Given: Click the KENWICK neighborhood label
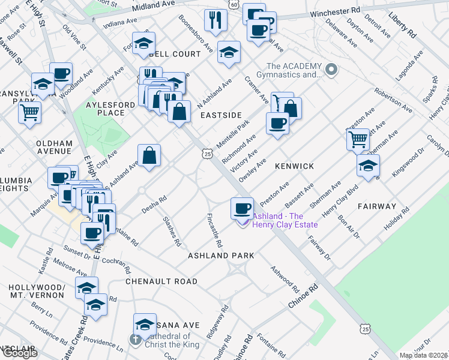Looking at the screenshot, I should click(294, 165).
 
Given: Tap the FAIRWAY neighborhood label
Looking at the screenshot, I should click(376, 206).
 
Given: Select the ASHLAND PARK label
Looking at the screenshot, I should click(221, 256).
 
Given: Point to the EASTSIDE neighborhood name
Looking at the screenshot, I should click(220, 115).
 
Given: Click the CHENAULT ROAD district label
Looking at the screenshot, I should click(161, 281).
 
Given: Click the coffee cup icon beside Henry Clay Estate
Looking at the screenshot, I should click(242, 208).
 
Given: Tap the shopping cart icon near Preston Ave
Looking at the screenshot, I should click(358, 139).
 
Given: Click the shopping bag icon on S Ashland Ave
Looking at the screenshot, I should click(149, 155).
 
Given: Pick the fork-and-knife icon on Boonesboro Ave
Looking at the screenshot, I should click(214, 20).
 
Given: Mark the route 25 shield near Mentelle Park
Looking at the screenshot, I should click(207, 154).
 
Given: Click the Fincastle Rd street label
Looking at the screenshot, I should click(215, 231).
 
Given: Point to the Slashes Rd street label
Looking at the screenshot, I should click(172, 232).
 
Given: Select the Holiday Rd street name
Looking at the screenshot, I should click(403, 220).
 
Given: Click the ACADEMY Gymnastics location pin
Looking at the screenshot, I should click(331, 70).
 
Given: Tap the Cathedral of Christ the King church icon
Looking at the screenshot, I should click(136, 340).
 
